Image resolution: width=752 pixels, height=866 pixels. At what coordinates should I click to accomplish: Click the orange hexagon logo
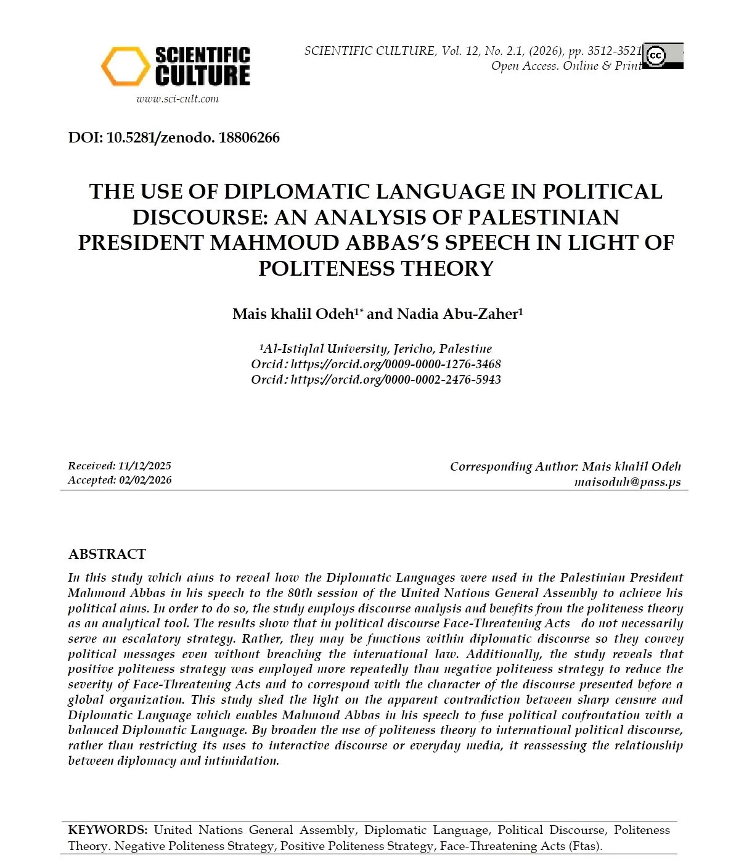[125, 67]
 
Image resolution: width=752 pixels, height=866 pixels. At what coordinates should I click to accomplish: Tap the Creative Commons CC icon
[655, 56]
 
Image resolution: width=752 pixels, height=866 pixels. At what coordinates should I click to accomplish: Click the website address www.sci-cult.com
[178, 99]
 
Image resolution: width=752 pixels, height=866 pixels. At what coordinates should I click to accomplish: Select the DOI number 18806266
[249, 138]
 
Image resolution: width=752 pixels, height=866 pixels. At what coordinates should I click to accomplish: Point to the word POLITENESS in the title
[327, 269]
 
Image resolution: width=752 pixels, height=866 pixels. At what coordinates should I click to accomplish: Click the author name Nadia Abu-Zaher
[460, 314]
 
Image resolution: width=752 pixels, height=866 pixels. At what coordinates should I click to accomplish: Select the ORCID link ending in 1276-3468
[395, 364]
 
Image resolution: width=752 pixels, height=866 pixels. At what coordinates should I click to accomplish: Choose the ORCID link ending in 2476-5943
[395, 379]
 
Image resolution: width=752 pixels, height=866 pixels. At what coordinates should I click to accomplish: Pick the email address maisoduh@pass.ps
[627, 482]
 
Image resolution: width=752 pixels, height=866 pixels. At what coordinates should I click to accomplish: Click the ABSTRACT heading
[107, 554]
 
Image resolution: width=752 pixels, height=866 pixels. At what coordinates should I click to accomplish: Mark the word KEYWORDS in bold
[107, 830]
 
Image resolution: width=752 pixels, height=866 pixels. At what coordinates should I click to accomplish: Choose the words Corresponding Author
[513, 466]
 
